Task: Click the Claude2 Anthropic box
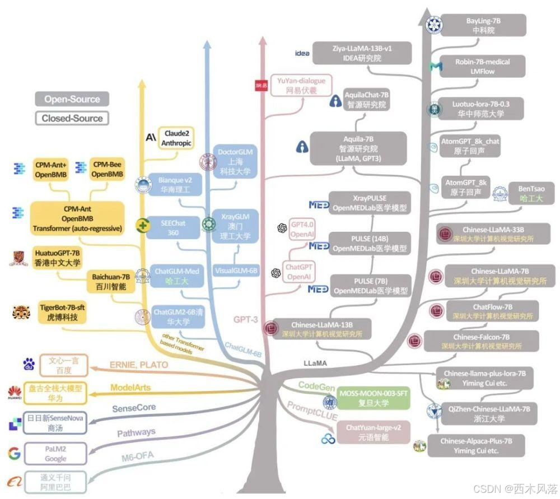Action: (178, 138)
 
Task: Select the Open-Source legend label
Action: (72, 100)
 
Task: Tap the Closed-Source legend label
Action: (72, 118)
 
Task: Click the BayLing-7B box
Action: (483, 25)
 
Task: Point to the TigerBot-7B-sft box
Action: (63, 313)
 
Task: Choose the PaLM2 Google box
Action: (55, 454)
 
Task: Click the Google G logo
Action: (15, 453)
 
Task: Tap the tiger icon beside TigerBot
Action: (21, 312)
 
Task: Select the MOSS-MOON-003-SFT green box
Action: (374, 397)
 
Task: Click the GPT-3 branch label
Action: (245, 320)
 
